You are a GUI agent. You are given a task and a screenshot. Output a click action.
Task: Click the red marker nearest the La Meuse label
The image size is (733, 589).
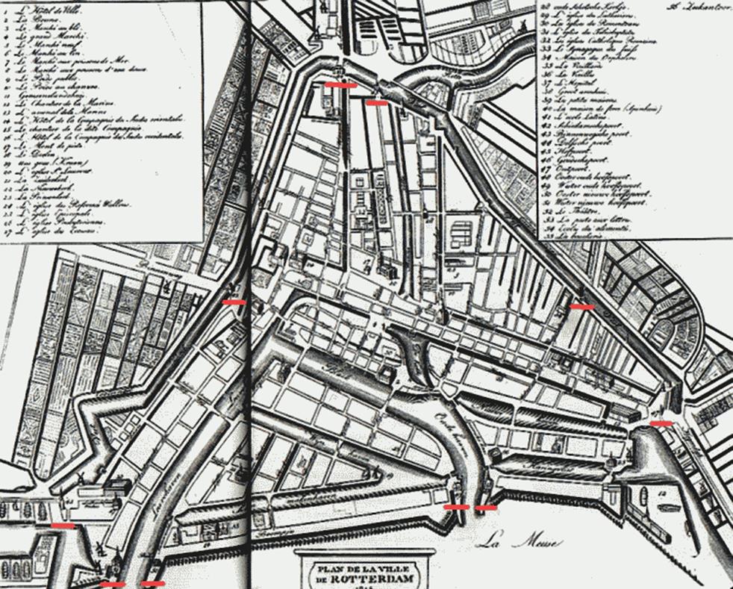486,508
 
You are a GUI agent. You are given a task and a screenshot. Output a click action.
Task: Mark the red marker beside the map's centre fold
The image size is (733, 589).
233,302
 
